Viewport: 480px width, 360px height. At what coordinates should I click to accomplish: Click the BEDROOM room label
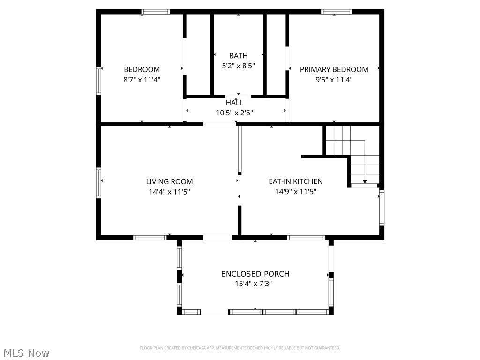pos(142,69)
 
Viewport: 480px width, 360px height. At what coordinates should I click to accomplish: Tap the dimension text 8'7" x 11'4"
pos(142,80)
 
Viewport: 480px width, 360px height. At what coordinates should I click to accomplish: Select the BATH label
pos(238,56)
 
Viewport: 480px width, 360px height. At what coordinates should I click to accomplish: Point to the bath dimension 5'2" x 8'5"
pos(238,66)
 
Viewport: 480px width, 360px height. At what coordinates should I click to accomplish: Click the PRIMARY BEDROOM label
pos(334,69)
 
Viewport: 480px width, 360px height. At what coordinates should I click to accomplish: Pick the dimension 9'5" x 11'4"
pos(334,80)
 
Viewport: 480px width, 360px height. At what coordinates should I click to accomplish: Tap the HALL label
pos(234,102)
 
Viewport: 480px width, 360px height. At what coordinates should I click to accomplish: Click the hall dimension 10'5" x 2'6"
pos(234,112)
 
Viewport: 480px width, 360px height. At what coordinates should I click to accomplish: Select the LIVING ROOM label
pos(169,181)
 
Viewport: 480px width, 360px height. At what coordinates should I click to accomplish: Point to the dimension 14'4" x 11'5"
pos(169,192)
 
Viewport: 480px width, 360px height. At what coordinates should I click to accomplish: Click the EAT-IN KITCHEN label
pos(295,181)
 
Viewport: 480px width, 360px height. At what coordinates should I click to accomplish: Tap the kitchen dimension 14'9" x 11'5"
pos(295,192)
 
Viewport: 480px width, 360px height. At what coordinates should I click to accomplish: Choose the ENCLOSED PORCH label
pos(255,274)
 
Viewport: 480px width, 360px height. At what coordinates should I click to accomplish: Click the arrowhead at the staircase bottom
pos(365,181)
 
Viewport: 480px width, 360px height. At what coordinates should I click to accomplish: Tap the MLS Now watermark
pos(26,353)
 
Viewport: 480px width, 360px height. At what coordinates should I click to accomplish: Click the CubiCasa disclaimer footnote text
pos(240,348)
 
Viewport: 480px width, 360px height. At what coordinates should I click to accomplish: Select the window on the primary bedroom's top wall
pos(336,12)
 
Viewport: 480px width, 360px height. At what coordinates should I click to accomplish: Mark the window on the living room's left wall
pos(99,182)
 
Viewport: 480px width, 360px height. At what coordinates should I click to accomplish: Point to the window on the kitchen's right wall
pos(382,207)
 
